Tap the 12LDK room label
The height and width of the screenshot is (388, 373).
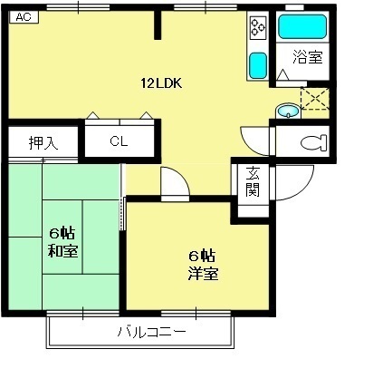pyautogui.click(x=162, y=83)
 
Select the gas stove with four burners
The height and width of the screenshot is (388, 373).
pyautogui.click(x=257, y=28)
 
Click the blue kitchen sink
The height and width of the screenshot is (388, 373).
pyautogui.click(x=258, y=65)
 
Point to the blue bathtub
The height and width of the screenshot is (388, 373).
pyautogui.click(x=301, y=25)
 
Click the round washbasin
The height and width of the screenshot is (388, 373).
pyautogui.click(x=286, y=112)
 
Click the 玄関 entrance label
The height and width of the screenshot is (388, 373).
pyautogui.click(x=253, y=182)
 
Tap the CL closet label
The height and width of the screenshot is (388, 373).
pyautogui.click(x=119, y=141)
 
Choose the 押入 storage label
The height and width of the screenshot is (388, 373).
pyautogui.click(x=42, y=142)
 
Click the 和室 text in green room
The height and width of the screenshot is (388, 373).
pyautogui.click(x=62, y=250)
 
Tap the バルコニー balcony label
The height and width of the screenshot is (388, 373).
pyautogui.click(x=151, y=333)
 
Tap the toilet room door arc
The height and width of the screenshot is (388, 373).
pyautogui.click(x=255, y=139)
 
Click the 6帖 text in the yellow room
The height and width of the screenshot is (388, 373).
pyautogui.click(x=201, y=255)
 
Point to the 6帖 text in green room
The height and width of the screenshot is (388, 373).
pyautogui.click(x=62, y=232)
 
